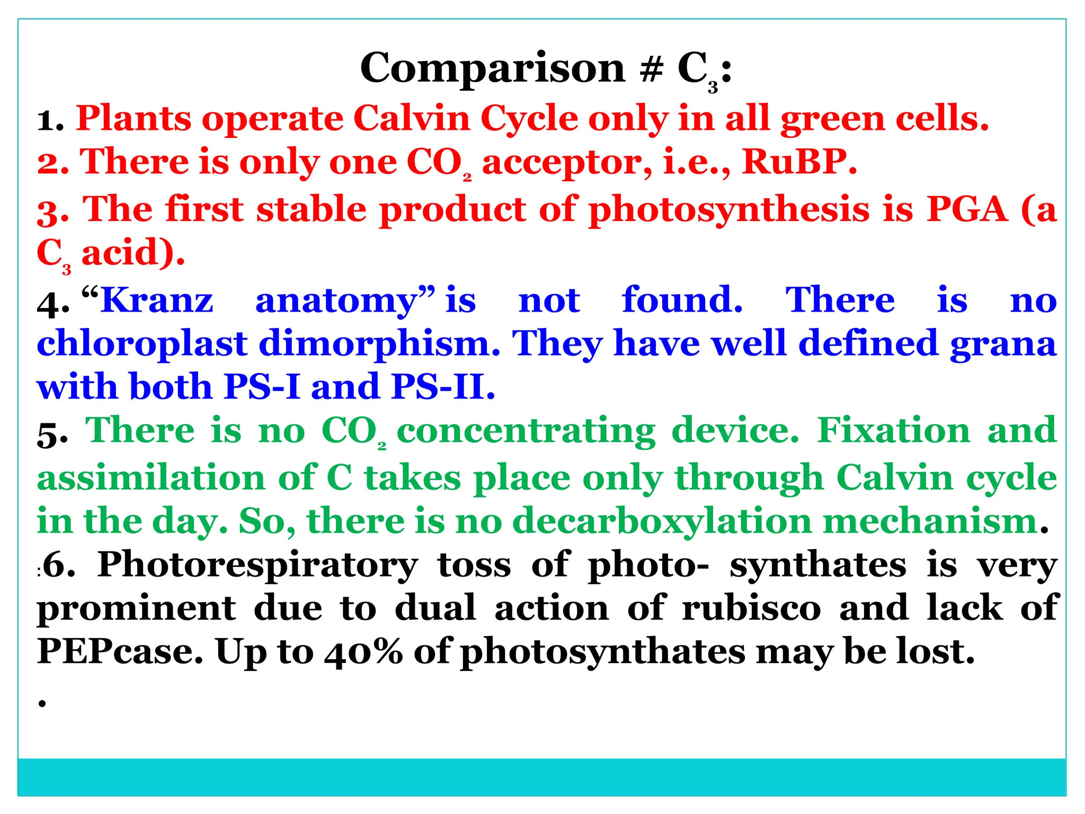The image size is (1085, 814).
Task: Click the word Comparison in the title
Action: click(x=493, y=69)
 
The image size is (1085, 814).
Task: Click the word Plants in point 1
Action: click(x=134, y=119)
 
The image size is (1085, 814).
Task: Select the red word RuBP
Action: click(x=798, y=162)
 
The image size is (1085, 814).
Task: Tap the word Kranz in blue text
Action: click(x=157, y=301)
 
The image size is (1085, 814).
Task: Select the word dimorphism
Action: click(x=379, y=344)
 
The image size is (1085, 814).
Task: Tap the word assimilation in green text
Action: click(x=151, y=478)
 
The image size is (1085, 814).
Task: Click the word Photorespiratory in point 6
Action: click(x=258, y=566)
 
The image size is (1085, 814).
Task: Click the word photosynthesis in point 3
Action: click(x=729, y=210)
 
